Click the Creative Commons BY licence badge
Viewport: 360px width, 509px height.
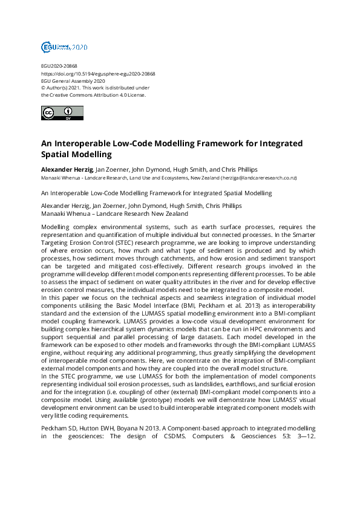tap(62, 113)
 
